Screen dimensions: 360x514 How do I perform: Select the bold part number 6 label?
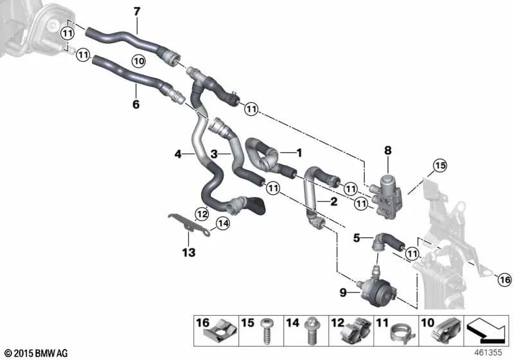(x=136, y=104)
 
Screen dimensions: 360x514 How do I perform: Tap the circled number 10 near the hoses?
(x=138, y=60)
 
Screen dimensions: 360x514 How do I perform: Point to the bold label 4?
(x=178, y=154)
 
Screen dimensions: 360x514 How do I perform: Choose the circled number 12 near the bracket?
(x=202, y=213)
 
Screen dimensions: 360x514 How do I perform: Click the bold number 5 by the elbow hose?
(x=356, y=238)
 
